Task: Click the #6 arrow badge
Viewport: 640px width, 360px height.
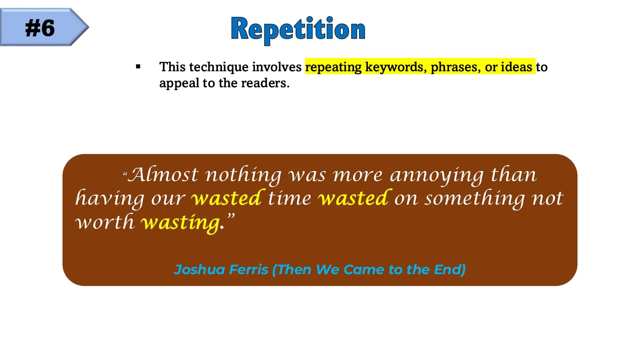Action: (44, 27)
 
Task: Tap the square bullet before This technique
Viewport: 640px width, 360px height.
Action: (138, 67)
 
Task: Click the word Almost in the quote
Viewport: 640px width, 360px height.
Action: (163, 175)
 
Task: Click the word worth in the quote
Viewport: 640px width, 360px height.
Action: (104, 222)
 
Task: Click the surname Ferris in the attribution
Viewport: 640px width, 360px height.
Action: (249, 269)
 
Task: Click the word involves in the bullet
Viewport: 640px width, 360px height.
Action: (277, 67)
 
